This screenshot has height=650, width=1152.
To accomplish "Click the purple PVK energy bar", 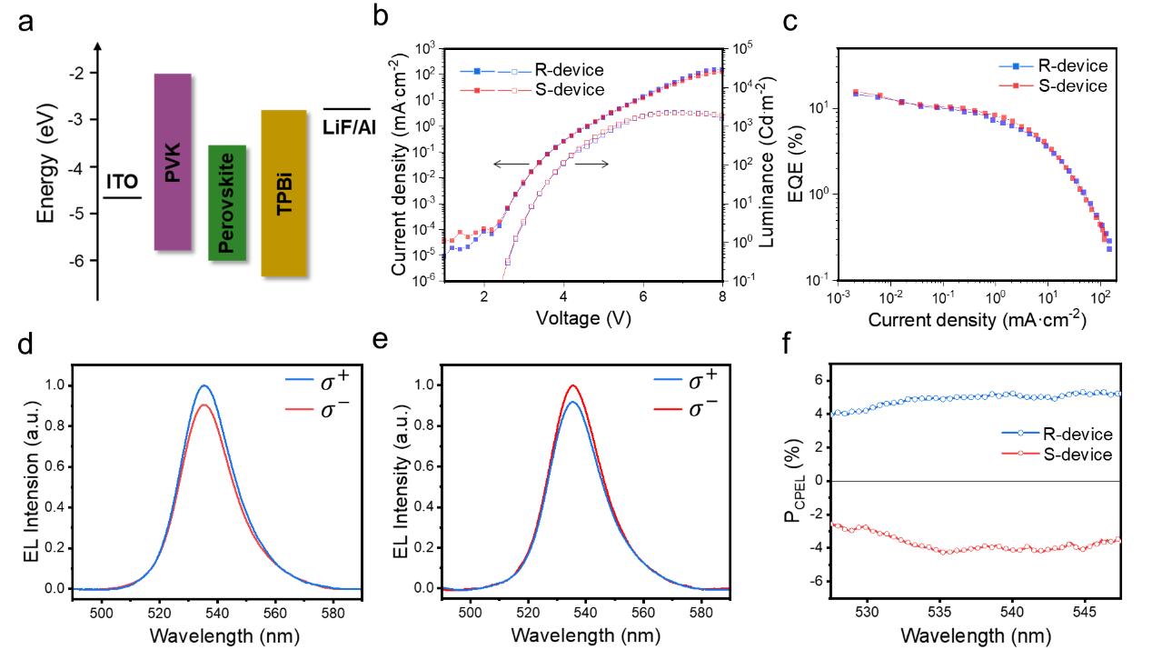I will (173, 162).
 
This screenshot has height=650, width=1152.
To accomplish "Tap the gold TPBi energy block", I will (283, 193).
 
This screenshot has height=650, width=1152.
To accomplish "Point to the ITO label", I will (123, 182).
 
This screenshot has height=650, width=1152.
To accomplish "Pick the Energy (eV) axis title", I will (45, 171).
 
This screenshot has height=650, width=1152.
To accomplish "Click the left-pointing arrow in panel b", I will (511, 164).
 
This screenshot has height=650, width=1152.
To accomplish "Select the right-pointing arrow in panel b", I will (591, 164).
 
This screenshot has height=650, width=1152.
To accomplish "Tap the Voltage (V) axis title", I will (581, 320).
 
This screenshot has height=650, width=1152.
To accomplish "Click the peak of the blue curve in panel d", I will (204, 385).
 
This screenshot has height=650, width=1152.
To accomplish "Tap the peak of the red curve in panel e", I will (572, 385).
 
